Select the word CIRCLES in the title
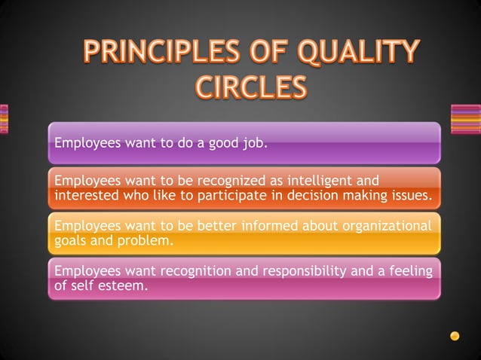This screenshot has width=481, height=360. [x=252, y=88]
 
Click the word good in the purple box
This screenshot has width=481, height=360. [x=219, y=142]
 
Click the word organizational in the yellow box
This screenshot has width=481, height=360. [x=385, y=226]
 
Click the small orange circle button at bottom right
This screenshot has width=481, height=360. [x=455, y=335]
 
